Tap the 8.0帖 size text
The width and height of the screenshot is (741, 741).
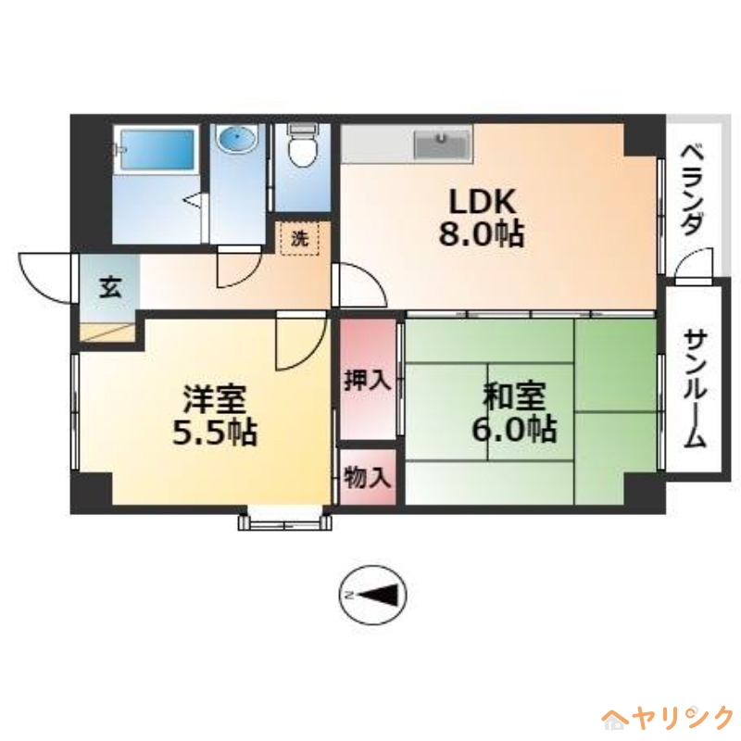coord(481,234)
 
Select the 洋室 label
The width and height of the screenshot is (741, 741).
coord(214,400)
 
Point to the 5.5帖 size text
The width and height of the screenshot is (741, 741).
coord(214,433)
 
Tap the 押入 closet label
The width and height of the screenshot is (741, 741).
coord(368,380)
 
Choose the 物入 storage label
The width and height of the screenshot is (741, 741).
coord(368,478)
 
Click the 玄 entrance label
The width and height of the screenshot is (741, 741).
coord(109,287)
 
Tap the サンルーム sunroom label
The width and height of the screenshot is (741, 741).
coord(695,389)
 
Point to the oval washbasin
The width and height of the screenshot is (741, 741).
coord(238,140)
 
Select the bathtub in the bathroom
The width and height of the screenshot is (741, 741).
coord(157,150)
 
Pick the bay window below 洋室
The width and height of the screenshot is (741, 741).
coord(284,521)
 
